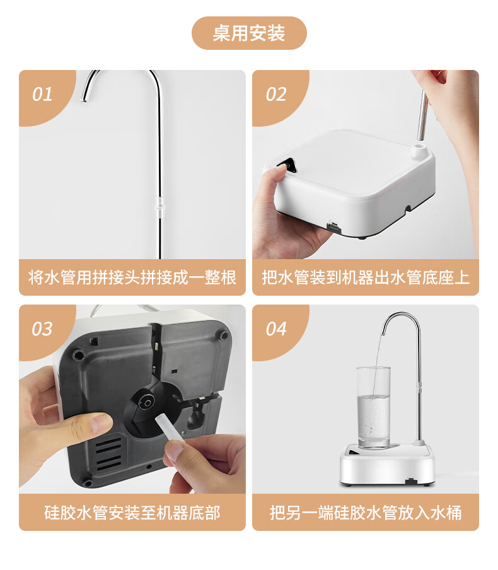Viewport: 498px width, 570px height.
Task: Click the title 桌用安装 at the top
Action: (249, 33)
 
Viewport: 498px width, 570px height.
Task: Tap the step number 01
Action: (42, 95)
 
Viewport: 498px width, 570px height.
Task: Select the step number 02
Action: (276, 95)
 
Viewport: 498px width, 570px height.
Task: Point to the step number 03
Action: (42, 329)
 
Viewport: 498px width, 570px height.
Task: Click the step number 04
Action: (276, 329)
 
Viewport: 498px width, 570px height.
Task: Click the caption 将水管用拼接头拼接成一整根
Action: (132, 277)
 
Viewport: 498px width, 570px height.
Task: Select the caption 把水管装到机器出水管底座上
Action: (366, 277)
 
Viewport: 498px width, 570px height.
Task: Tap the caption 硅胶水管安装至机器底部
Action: (132, 513)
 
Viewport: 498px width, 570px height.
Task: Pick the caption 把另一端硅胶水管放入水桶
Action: (366, 513)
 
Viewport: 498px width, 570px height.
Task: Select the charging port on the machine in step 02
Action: (334, 228)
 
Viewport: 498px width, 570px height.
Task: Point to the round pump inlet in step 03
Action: (148, 403)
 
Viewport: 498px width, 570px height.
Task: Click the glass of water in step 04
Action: (373, 407)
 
